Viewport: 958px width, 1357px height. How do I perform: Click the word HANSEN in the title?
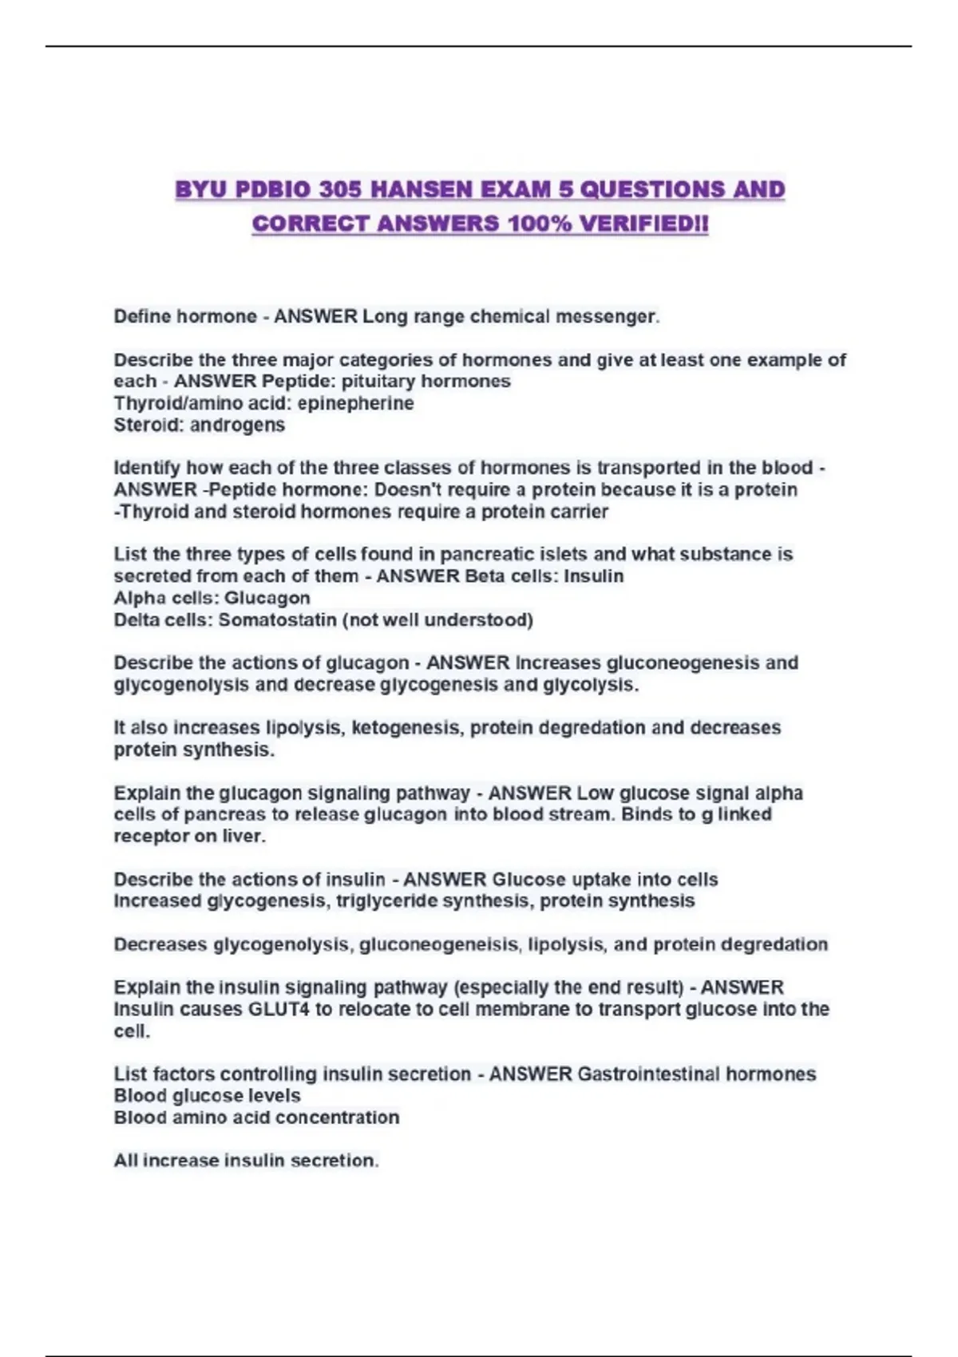[423, 190]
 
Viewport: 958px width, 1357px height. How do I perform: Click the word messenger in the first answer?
[606, 317]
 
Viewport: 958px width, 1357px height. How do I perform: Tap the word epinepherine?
[355, 403]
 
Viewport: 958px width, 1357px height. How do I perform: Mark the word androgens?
[237, 425]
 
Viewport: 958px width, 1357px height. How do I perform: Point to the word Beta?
[482, 576]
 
